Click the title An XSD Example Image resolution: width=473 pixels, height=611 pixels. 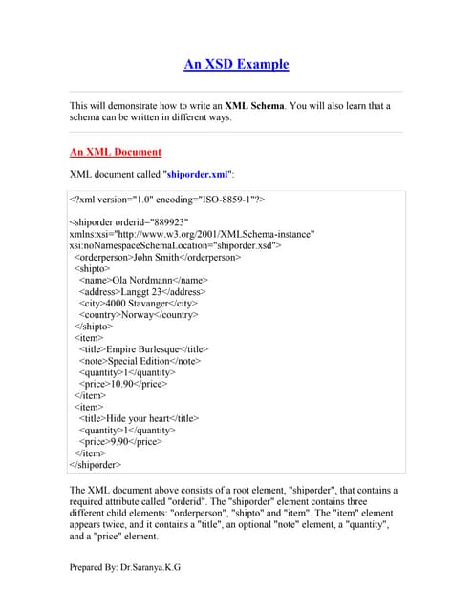pyautogui.click(x=236, y=65)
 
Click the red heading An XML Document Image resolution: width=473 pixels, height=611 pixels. pyautogui.click(x=116, y=152)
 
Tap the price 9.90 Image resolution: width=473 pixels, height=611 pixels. pyautogui.click(x=122, y=442)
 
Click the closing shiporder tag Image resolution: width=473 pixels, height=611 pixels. pyautogui.click(x=96, y=465)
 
